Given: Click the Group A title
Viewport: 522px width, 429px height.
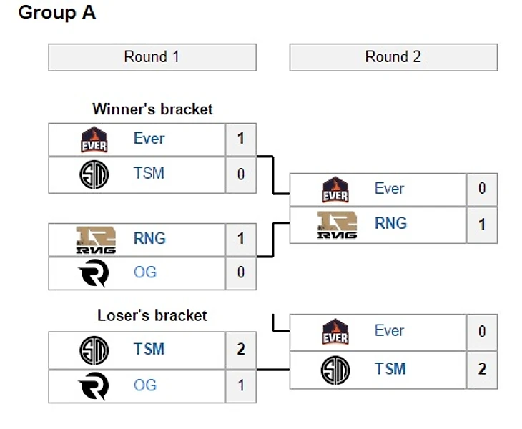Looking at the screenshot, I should coord(56,13).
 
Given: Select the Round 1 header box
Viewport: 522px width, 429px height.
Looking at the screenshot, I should coord(152,57).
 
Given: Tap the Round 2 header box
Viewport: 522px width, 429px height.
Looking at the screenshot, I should coord(393,57).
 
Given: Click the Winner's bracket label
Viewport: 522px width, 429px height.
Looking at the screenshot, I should coord(152,109).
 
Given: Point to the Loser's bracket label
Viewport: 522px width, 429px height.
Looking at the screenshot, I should coord(152,315).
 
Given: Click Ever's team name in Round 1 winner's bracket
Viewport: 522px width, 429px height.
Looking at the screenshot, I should coord(149,139).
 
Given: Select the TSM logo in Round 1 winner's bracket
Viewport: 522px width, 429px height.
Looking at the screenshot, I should coord(94,174).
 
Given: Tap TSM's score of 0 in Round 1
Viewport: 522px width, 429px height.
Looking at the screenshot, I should coord(241,174).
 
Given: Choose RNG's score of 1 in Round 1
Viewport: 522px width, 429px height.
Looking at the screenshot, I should coord(241,239).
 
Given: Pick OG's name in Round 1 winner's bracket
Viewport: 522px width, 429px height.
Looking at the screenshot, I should coord(144,272).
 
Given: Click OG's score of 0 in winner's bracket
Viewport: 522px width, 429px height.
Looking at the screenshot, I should coord(241,272).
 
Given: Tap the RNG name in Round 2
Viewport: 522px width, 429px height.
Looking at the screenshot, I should coord(390,224).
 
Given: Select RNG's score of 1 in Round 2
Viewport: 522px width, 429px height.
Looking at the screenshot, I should coord(482,225).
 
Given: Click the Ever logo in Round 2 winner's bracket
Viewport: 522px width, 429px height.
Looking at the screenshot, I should coord(335,189).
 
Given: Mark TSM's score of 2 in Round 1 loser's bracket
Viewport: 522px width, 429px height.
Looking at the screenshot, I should coord(241,350).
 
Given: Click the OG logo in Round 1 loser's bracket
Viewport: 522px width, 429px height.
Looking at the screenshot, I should coord(94,386).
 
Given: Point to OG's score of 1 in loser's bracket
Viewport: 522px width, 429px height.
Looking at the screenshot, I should coord(241,386).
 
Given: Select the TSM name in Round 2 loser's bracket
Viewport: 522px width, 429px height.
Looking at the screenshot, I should coord(390,369).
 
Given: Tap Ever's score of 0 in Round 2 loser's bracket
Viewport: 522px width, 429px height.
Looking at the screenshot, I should coord(482,332).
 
